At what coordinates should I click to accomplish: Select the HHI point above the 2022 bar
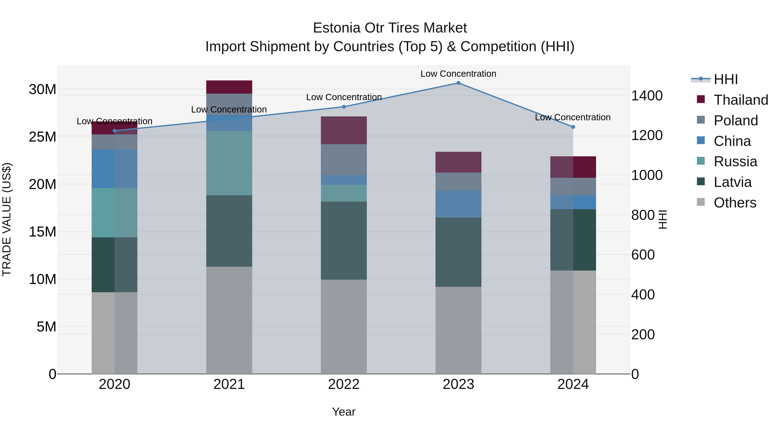[x=344, y=107]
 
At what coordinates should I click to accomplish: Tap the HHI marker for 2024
[x=573, y=127]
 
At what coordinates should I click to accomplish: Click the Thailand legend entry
[x=741, y=100]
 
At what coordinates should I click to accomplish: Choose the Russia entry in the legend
[x=735, y=162]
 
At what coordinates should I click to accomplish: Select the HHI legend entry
[x=725, y=79]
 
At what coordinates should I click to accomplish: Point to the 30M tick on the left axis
[x=42, y=90]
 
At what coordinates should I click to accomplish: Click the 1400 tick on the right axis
[x=647, y=96]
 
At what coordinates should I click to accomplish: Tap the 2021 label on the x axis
[x=229, y=384]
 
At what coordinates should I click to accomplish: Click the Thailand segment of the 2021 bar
[x=229, y=87]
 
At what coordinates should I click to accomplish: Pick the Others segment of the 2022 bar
[x=344, y=327]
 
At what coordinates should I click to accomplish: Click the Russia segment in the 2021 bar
[x=229, y=163]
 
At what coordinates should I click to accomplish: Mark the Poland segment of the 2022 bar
[x=344, y=160]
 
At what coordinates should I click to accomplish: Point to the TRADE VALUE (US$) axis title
[x=7, y=219]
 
